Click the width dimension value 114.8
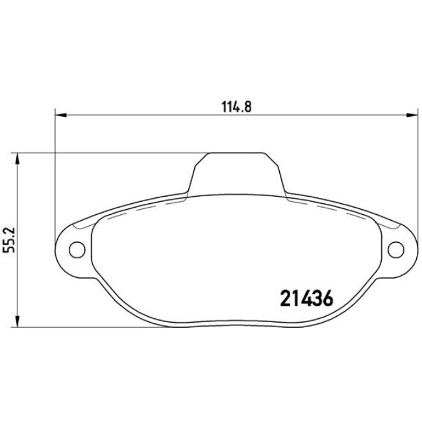(232, 107)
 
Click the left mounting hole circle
(77, 248)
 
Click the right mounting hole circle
(395, 248)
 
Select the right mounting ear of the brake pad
(399, 248)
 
